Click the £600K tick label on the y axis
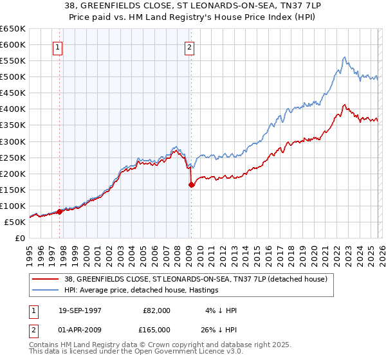click(x=13, y=44)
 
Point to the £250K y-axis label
click(x=13, y=157)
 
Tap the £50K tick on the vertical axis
click(x=15, y=222)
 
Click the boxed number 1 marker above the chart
click(x=58, y=47)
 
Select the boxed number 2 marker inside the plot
click(x=190, y=47)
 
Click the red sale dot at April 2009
click(x=191, y=184)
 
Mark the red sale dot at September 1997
click(x=60, y=211)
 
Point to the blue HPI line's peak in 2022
click(x=344, y=57)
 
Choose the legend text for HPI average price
click(x=142, y=290)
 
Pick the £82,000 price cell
click(x=157, y=310)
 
